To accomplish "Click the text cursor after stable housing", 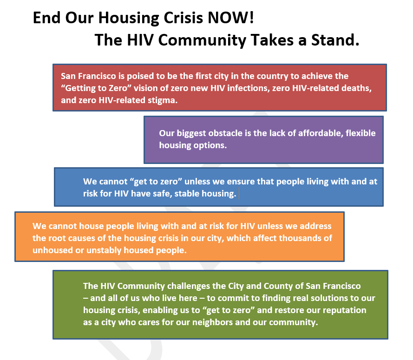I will [239, 194].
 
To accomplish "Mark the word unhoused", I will [51, 250].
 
